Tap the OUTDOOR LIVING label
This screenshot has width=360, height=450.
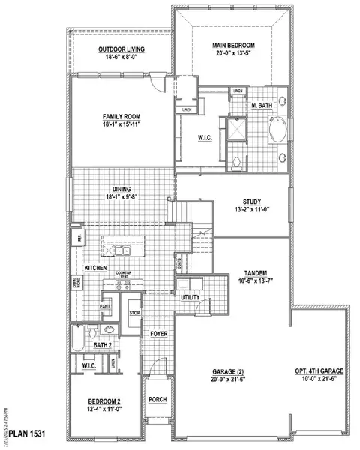pyautogui.click(x=121, y=49)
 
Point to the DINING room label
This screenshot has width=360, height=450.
pyautogui.click(x=123, y=190)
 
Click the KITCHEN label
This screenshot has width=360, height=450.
pyautogui.click(x=95, y=268)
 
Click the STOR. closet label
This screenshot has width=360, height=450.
pyautogui.click(x=135, y=313)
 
